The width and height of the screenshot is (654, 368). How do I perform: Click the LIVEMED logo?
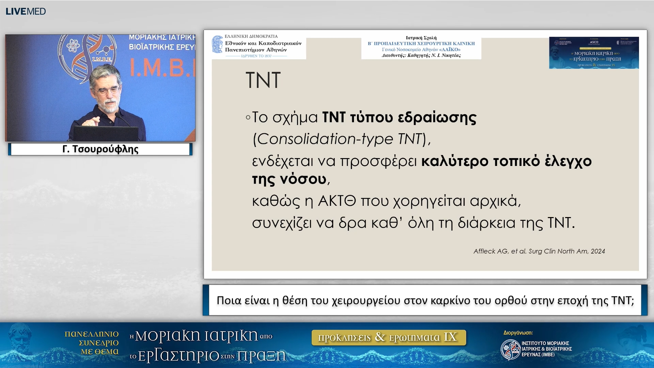(26, 11)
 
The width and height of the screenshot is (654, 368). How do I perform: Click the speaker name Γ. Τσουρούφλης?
(100, 149)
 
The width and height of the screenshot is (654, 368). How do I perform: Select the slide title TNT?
(263, 80)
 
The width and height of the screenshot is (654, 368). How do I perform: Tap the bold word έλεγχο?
(568, 161)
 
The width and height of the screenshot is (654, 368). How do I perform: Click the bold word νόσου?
(303, 179)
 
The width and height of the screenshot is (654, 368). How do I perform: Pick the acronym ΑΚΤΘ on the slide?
(337, 201)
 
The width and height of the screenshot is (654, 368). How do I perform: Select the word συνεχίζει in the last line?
(282, 223)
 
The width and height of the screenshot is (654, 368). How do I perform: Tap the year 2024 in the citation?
(598, 251)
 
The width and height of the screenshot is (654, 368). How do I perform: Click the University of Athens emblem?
(217, 45)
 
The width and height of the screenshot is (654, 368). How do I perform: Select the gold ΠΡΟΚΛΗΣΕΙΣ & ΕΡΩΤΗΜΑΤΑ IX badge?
(388, 337)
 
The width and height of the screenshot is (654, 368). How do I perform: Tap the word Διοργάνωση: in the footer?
(518, 333)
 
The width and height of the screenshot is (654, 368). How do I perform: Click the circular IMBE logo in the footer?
(510, 350)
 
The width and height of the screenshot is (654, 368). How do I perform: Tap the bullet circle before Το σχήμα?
(248, 118)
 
